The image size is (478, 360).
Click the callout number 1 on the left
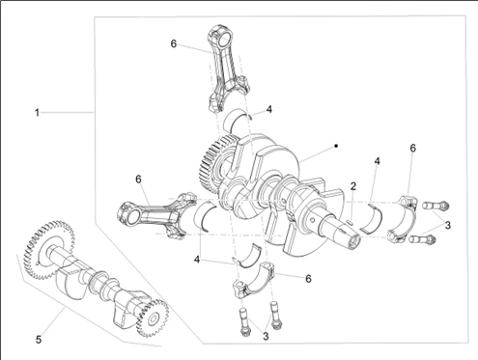[37, 113]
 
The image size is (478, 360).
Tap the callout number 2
[353, 185]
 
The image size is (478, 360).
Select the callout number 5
[39, 340]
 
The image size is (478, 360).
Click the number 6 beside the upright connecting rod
[174, 43]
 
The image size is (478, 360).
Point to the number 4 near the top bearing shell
[269, 109]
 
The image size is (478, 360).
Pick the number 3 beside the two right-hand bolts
[448, 225]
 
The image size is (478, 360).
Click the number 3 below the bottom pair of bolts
[266, 336]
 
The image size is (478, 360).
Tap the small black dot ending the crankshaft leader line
[336, 146]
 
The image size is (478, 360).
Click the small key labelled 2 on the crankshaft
[351, 221]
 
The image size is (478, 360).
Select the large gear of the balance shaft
[49, 250]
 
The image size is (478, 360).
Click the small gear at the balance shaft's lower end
[153, 318]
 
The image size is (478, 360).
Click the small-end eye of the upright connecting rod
[222, 37]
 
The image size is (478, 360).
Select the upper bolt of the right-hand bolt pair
[436, 205]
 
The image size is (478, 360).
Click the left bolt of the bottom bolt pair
[244, 322]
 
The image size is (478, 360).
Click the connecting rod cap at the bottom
[253, 282]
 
